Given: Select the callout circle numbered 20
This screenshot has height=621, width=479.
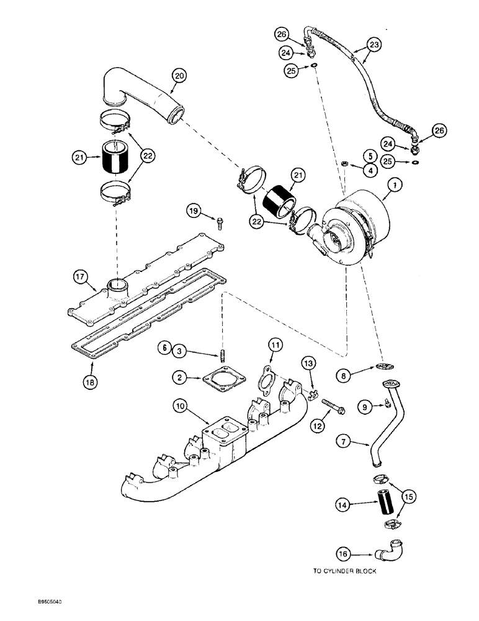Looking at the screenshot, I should click(x=179, y=76).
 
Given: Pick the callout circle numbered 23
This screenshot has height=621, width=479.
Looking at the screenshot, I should click(x=374, y=44).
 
